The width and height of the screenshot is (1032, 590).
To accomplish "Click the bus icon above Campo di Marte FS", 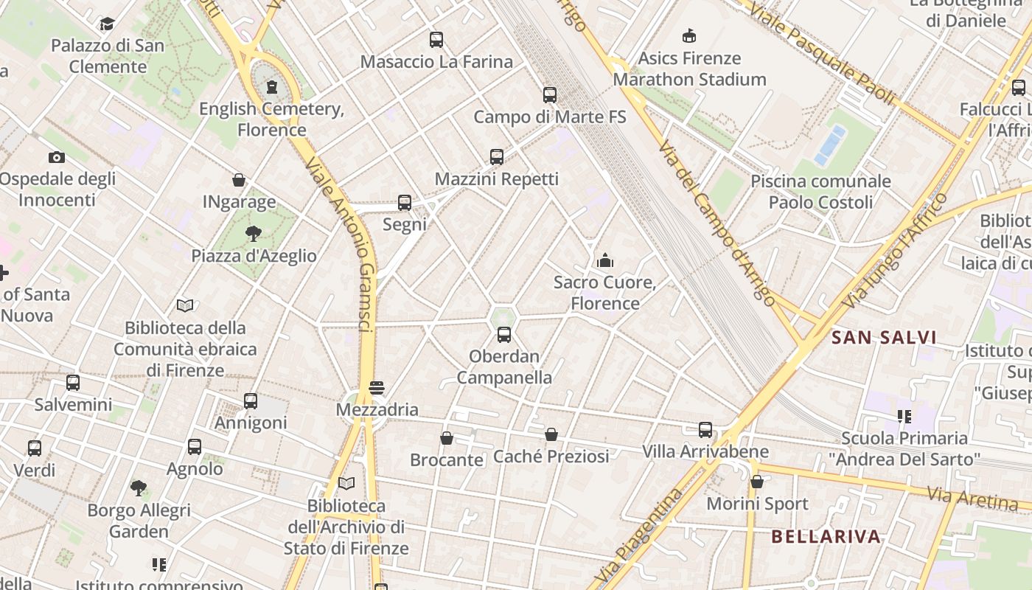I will pyautogui.click(x=549, y=94).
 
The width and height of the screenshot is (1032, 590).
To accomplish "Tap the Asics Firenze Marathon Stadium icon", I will pyautogui.click(x=689, y=35).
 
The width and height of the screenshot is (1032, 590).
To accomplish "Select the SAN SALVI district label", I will pyautogui.click(x=884, y=338).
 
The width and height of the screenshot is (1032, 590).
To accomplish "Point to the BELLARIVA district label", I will pyautogui.click(x=826, y=536).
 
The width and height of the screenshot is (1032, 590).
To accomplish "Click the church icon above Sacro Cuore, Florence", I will pyautogui.click(x=605, y=260).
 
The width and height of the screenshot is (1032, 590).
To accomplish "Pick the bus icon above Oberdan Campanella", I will pyautogui.click(x=504, y=335).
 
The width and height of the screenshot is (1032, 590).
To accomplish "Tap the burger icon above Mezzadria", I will pyautogui.click(x=377, y=388).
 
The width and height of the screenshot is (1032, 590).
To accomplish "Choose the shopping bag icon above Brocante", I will pyautogui.click(x=447, y=438).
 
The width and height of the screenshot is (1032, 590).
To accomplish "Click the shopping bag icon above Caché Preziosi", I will pyautogui.click(x=551, y=434).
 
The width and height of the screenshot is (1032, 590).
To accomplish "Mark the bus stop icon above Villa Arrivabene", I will pyautogui.click(x=705, y=430).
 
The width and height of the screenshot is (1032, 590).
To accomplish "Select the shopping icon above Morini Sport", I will pyautogui.click(x=757, y=482).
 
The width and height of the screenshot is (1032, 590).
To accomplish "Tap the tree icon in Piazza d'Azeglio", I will pyautogui.click(x=254, y=234).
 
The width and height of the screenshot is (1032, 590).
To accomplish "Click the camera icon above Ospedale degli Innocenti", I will pyautogui.click(x=57, y=157).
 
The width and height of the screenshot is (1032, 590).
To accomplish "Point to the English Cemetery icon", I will pyautogui.click(x=272, y=87).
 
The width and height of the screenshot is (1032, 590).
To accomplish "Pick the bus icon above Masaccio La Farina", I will pyautogui.click(x=436, y=40).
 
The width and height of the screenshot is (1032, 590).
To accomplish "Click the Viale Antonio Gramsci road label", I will pyautogui.click(x=346, y=243).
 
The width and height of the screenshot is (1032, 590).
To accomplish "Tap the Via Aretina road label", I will pyautogui.click(x=973, y=499).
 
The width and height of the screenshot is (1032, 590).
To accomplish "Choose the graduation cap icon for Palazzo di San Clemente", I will pyautogui.click(x=108, y=24).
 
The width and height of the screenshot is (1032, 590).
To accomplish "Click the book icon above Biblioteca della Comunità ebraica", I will pyautogui.click(x=185, y=305).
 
